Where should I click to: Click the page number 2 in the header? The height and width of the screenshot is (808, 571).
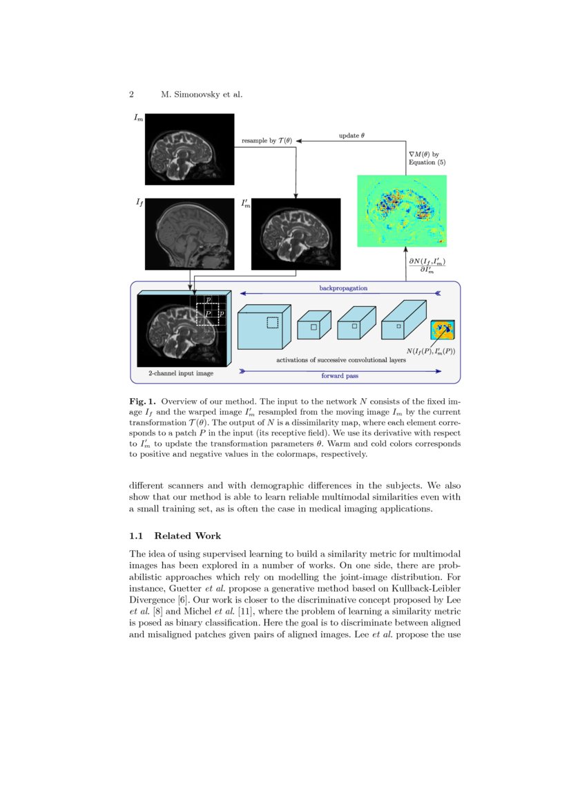click(x=131, y=94)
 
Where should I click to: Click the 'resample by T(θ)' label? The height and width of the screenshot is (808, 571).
click(x=267, y=141)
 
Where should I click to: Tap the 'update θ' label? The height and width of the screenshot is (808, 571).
click(x=352, y=135)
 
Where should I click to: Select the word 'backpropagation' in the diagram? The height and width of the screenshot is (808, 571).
click(x=343, y=287)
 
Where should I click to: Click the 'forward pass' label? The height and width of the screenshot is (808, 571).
click(x=343, y=376)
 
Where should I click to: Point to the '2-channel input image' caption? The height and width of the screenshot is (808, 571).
click(x=181, y=373)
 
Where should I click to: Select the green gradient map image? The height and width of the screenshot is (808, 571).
click(x=401, y=211)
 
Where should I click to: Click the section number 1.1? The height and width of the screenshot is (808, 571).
click(x=136, y=535)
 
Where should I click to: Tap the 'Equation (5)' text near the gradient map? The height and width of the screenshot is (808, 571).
click(x=427, y=162)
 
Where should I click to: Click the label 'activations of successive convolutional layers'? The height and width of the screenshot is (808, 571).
click(x=341, y=359)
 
